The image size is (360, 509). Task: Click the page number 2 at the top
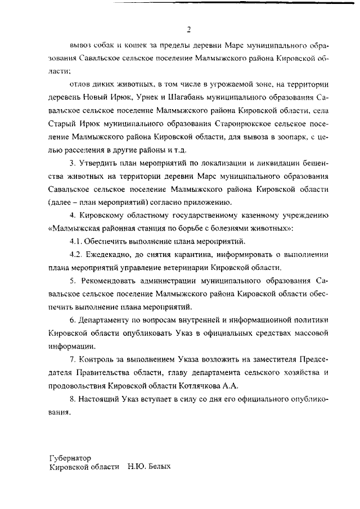(x=189, y=29)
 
